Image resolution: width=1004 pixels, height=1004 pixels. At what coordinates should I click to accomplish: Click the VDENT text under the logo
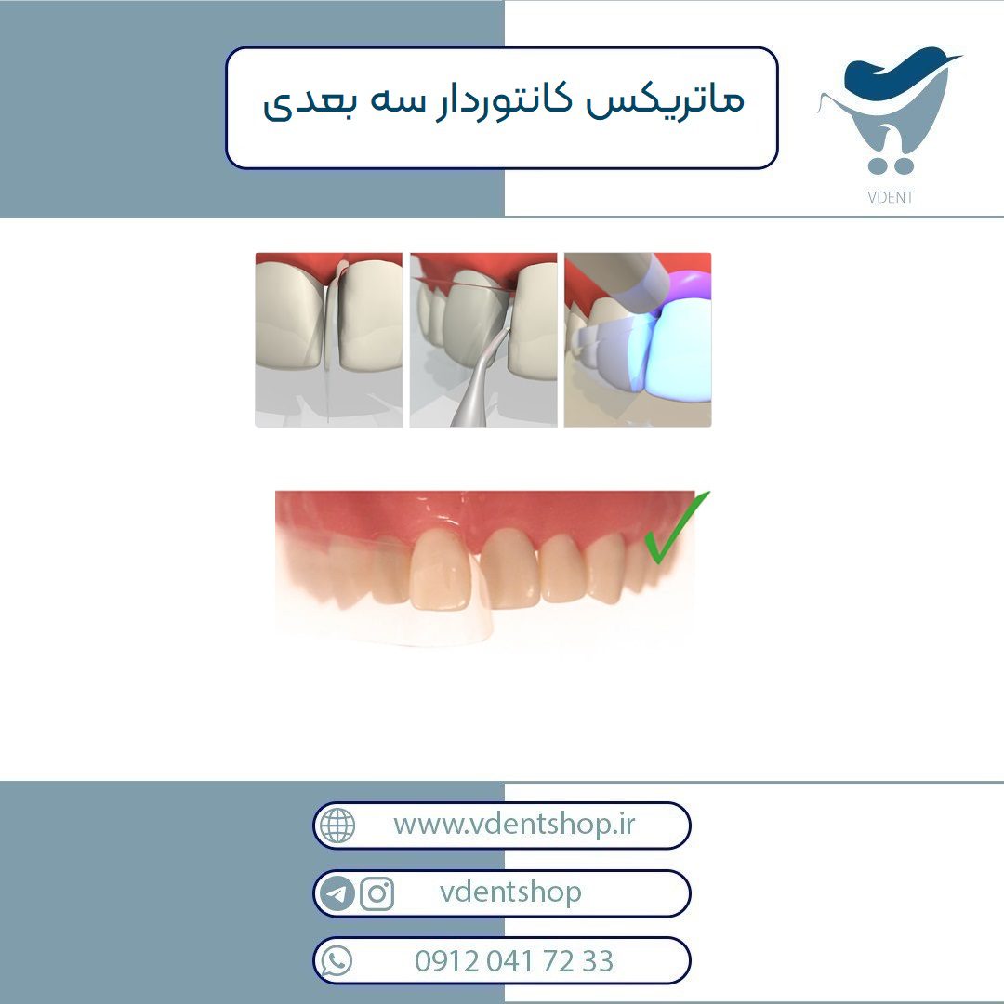[890, 197]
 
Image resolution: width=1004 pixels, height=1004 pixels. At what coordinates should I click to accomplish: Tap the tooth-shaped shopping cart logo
[890, 110]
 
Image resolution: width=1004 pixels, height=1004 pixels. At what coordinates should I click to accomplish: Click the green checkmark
[676, 528]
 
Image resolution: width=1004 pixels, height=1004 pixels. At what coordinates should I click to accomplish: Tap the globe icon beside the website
[337, 826]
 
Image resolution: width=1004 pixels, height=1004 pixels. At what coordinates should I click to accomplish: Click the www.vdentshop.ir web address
[513, 824]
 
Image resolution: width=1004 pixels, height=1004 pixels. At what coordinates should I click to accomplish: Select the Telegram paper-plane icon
[337, 893]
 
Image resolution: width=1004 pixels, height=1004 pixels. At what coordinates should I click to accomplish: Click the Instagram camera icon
[376, 893]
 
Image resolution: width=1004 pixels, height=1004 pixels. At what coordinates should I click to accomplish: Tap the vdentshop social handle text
[510, 892]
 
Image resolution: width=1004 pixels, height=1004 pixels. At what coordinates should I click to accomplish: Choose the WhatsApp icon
[337, 961]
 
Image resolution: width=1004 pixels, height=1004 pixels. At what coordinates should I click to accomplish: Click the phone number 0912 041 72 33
[513, 961]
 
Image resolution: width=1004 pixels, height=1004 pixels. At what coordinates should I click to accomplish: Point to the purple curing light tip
[688, 288]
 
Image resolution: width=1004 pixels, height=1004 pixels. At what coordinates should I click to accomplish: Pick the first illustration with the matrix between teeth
[328, 340]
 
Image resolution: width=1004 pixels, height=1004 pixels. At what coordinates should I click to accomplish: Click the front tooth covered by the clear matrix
[442, 570]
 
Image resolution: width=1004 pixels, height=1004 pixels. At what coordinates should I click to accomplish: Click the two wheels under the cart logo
[891, 166]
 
